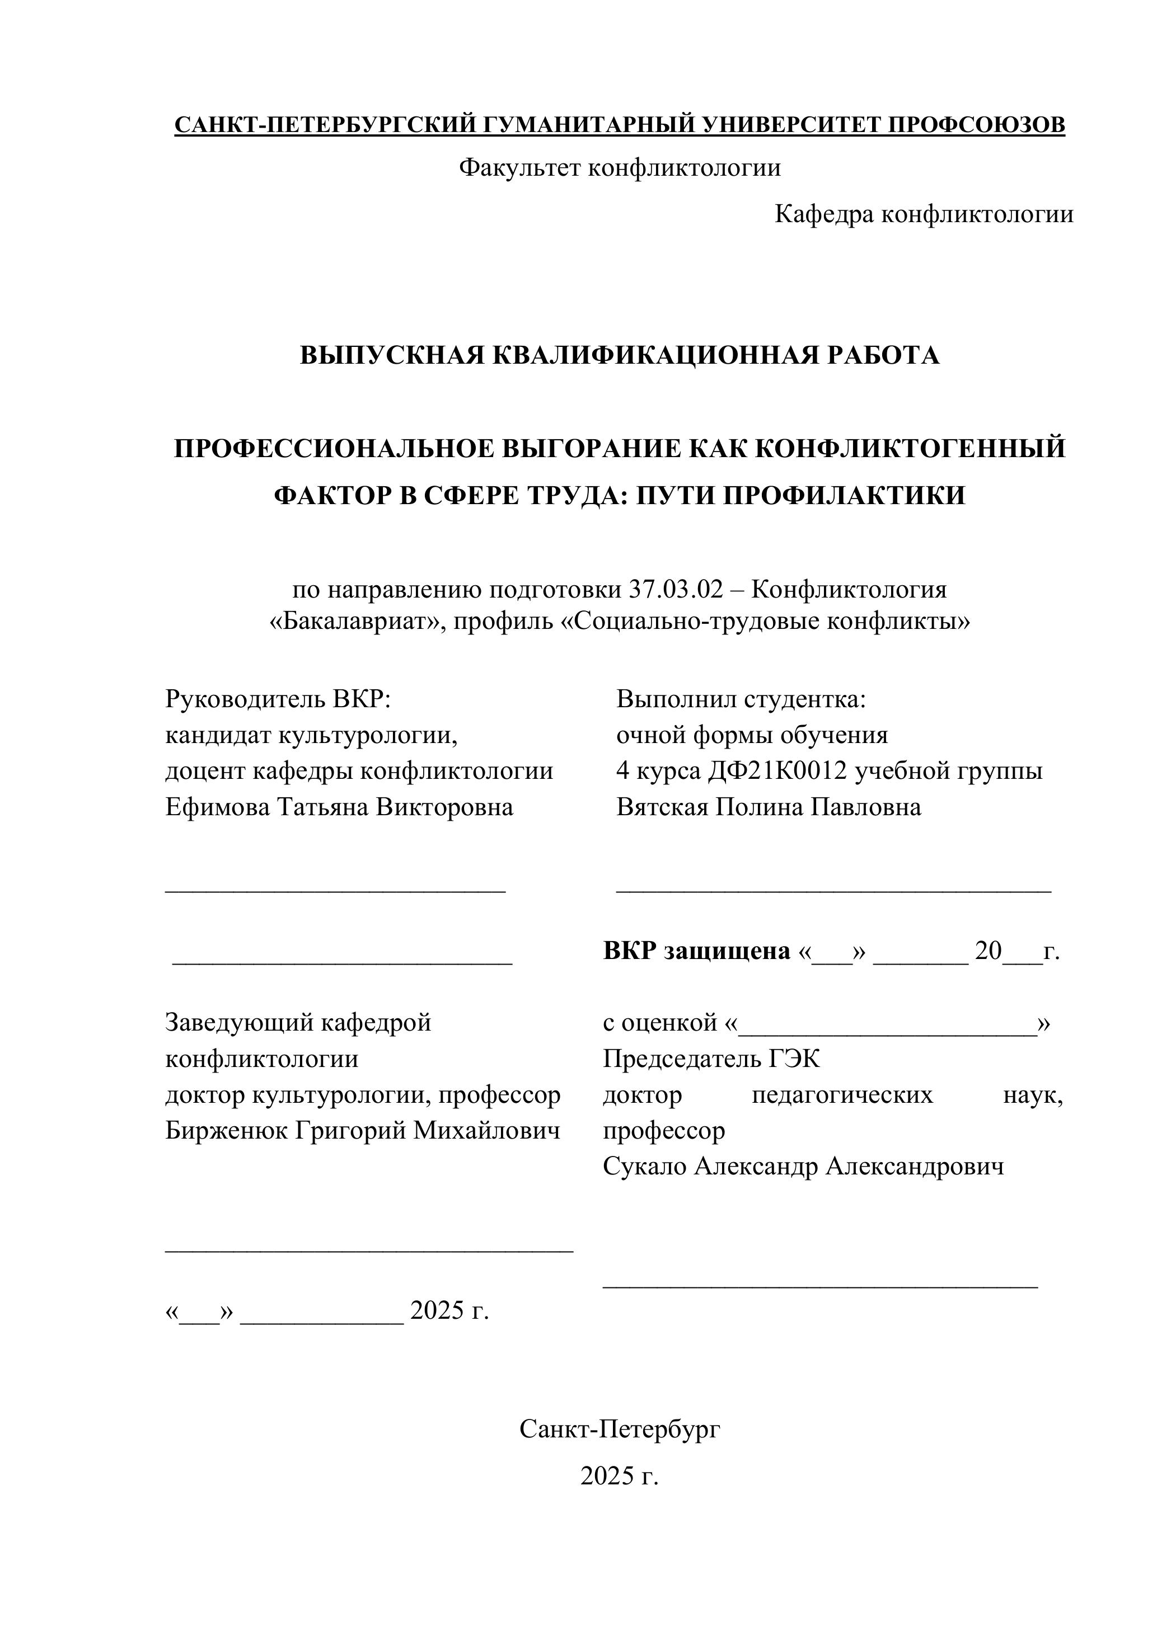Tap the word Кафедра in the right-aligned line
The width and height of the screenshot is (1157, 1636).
825,214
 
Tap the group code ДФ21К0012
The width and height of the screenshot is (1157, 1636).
777,771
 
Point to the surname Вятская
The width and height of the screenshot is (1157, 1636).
662,807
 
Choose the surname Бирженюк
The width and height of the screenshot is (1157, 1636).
225,1131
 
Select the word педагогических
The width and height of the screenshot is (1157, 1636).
842,1095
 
